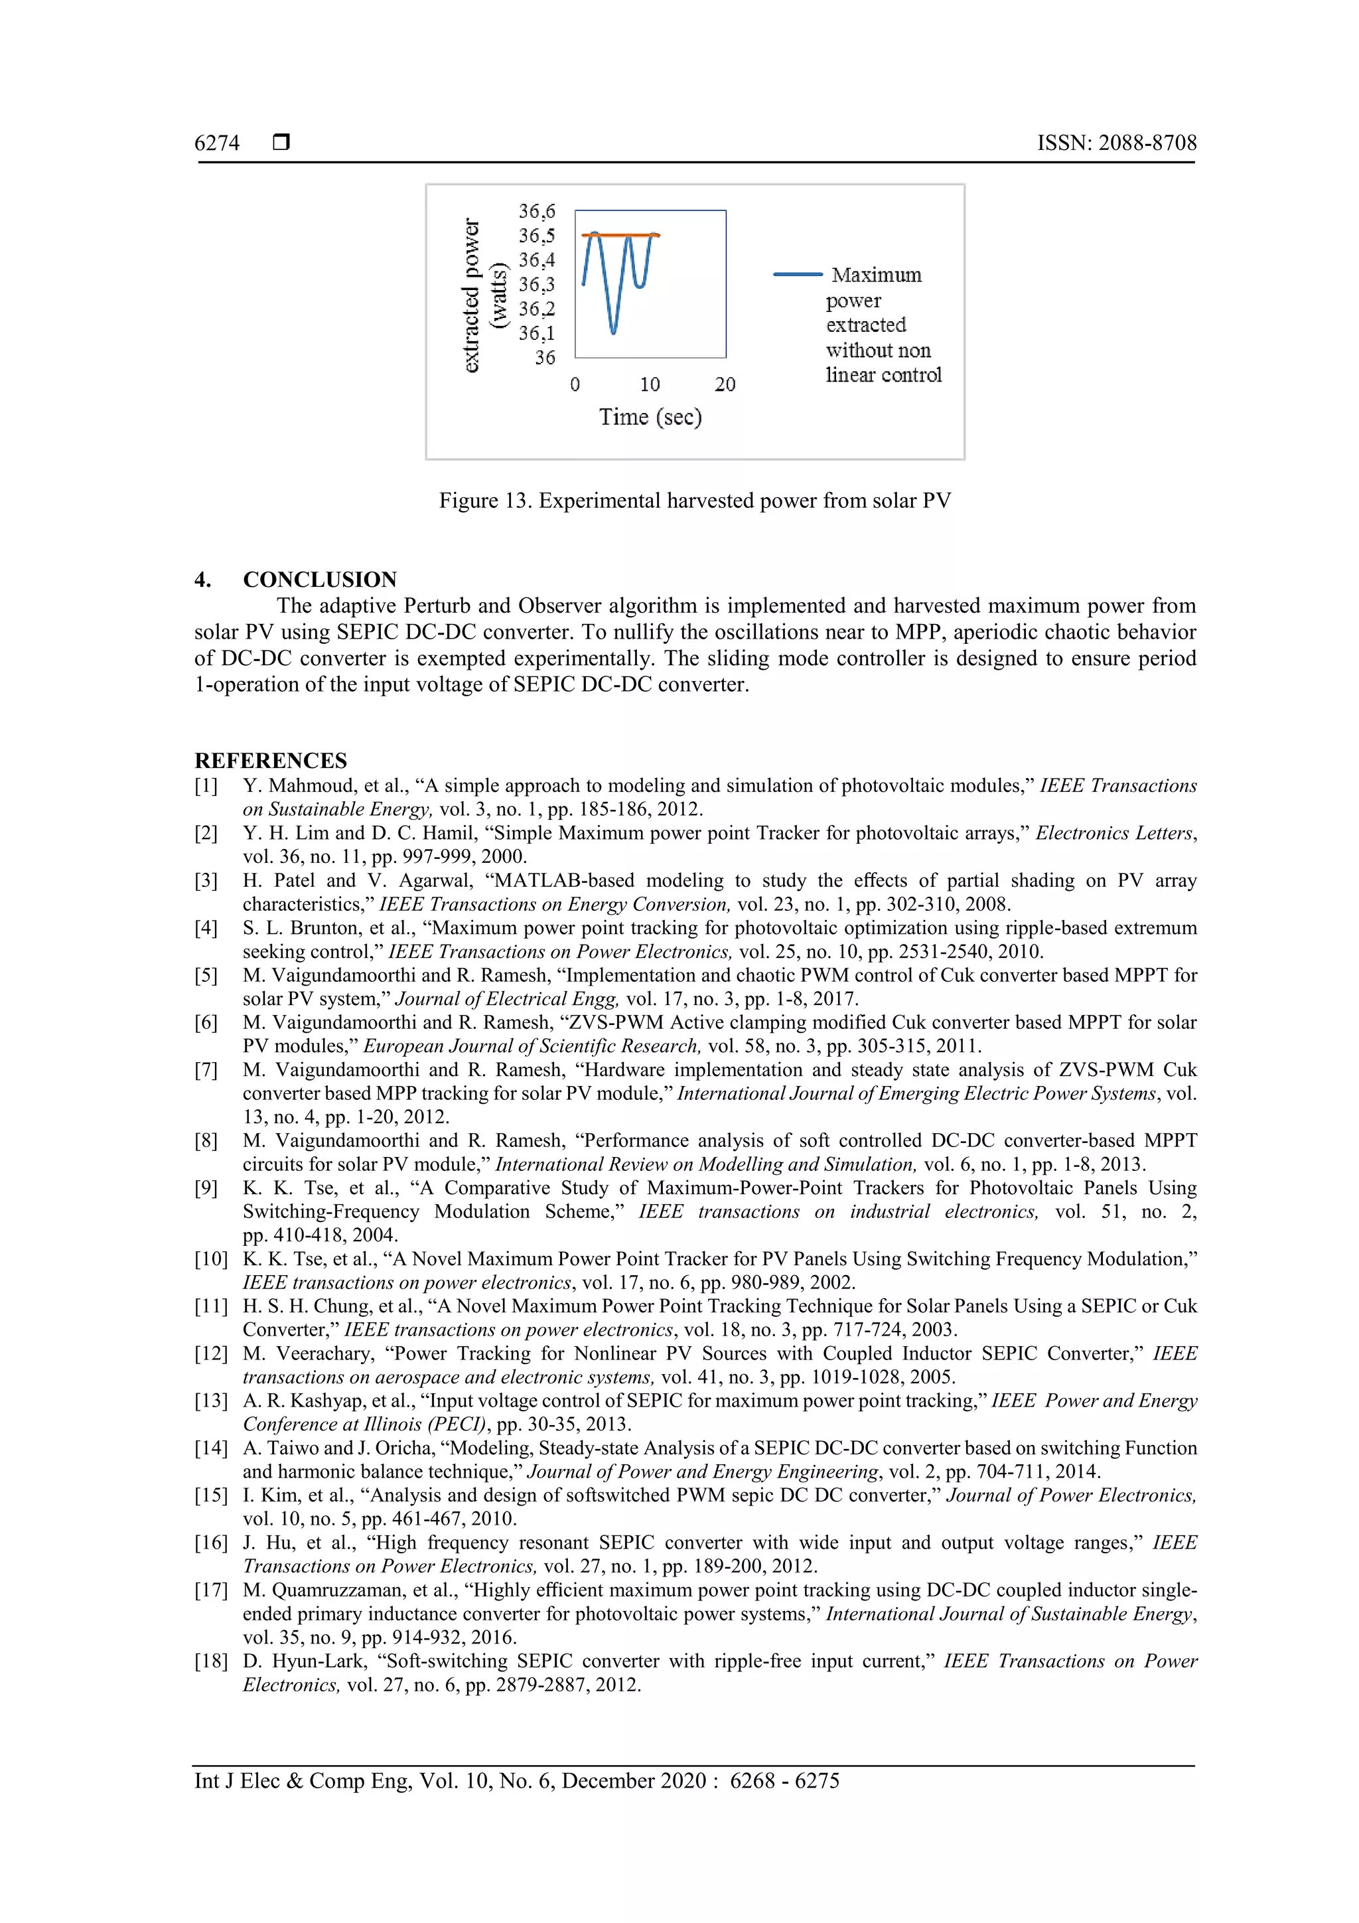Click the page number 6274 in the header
click(x=217, y=143)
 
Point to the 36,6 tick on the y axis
click(x=537, y=211)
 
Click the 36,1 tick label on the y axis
click(x=537, y=333)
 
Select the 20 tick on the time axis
click(x=725, y=385)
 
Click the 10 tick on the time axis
click(x=650, y=385)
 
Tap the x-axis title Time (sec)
click(x=650, y=417)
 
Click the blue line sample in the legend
click(x=797, y=275)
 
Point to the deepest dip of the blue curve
click(x=614, y=332)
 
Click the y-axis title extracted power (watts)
click(x=483, y=295)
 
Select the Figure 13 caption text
click(x=694, y=501)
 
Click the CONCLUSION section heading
click(x=320, y=579)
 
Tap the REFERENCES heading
click(x=271, y=761)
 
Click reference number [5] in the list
click(x=206, y=976)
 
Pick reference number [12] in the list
click(x=210, y=1354)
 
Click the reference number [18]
click(x=210, y=1661)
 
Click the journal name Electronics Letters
click(x=1115, y=833)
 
